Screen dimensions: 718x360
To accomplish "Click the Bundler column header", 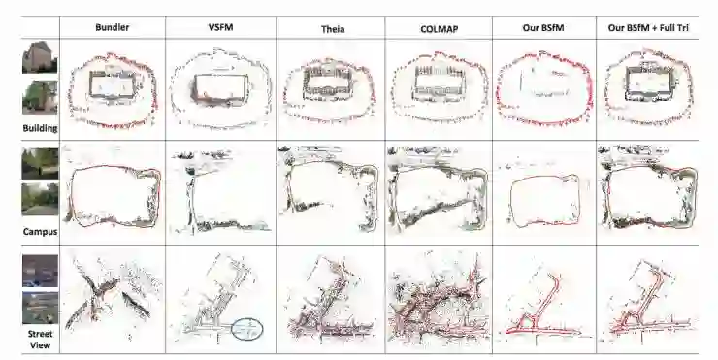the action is [x=113, y=27].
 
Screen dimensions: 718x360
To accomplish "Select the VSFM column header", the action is [x=220, y=27].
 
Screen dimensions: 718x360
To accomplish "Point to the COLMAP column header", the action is [x=439, y=29].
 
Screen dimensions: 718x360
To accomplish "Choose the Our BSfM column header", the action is [x=543, y=28].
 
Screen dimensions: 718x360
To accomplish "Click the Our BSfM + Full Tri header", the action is [x=648, y=28].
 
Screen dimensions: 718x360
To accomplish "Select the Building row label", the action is [x=41, y=128].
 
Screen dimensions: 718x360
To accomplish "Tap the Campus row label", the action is [x=41, y=231].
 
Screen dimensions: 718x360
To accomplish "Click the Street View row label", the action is [x=41, y=340].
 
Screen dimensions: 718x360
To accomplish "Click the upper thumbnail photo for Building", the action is [x=41, y=57].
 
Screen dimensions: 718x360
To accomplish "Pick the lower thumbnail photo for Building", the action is [x=41, y=97].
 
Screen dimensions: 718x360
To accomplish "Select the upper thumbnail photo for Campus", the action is [x=41, y=163].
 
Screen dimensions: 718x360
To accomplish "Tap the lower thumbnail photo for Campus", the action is [x=41, y=199].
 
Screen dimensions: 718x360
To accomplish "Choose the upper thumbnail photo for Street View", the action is [x=41, y=271].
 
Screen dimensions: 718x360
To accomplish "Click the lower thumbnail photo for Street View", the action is [x=41, y=308].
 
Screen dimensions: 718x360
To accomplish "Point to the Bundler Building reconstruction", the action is [x=114, y=90].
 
